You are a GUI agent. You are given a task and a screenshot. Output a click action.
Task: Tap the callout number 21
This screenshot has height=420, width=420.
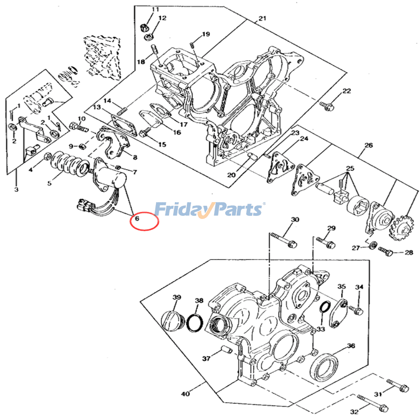[262, 18]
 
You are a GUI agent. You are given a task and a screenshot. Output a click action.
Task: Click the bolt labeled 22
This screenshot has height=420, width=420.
[327, 106]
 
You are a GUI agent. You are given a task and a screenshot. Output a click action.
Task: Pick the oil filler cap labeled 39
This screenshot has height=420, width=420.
[171, 319]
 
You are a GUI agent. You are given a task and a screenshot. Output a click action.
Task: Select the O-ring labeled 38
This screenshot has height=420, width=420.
[195, 323]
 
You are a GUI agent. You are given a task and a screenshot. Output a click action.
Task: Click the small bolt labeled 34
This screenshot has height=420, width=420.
[355, 310]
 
